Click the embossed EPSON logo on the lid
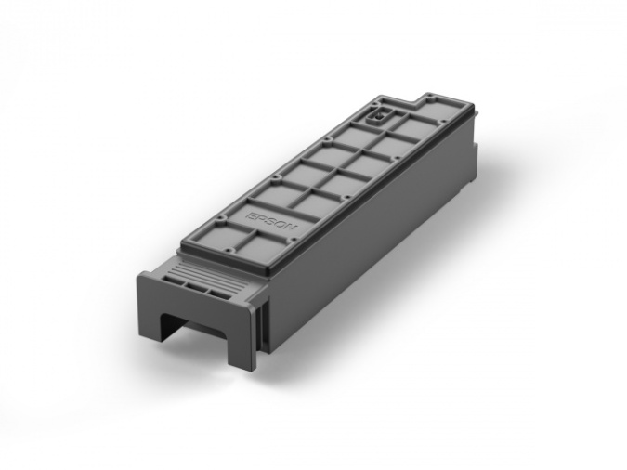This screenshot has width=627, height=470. click(x=268, y=223)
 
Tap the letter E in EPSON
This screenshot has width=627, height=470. click(x=253, y=215)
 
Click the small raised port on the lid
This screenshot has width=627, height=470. click(x=379, y=117)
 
